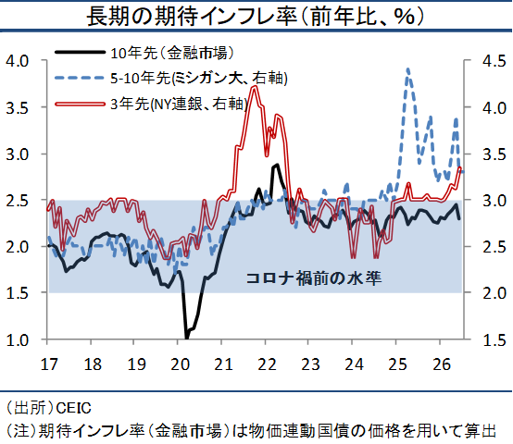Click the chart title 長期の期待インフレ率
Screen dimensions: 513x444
coord(192,17)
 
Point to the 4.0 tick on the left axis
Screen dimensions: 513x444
coord(18,61)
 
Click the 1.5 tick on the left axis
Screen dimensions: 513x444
coord(18,293)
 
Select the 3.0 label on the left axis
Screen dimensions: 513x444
coord(18,154)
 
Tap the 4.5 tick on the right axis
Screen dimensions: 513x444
coord(494,61)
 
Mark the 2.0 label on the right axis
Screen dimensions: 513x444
coord(494,293)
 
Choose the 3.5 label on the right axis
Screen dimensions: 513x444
coord(494,154)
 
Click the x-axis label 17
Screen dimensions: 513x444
coord(49,364)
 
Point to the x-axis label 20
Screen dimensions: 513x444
coord(180,364)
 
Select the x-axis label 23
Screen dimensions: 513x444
coord(310,364)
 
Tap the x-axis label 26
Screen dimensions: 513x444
coord(442,364)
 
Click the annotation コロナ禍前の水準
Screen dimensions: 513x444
coord(314,278)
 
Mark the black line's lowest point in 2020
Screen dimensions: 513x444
coord(187,339)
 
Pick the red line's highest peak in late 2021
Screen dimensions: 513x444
coord(255,87)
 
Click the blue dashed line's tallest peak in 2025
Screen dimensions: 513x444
coord(407,69)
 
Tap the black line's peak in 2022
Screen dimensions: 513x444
coord(277,165)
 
